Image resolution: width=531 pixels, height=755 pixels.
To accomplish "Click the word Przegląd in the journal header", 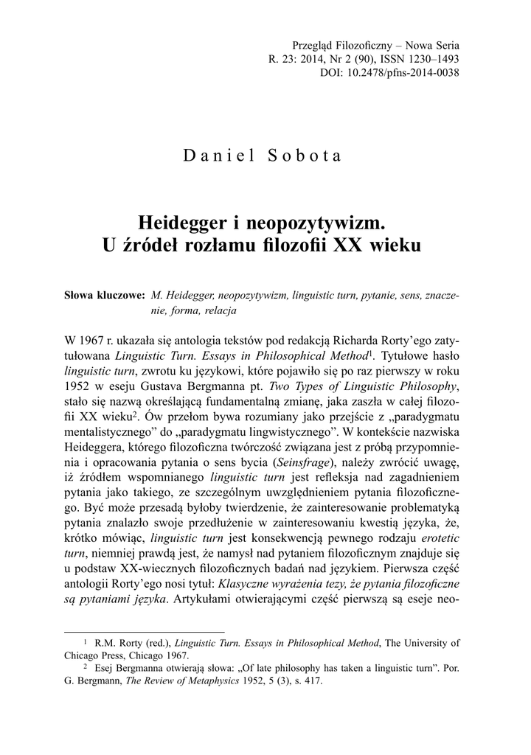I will pos(314,45).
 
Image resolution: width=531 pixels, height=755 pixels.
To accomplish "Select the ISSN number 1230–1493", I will pos(430,59).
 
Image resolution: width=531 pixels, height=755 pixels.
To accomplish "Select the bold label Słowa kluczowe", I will pos(105,296).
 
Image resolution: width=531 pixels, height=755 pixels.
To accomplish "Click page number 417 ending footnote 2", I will pos(313,681).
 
